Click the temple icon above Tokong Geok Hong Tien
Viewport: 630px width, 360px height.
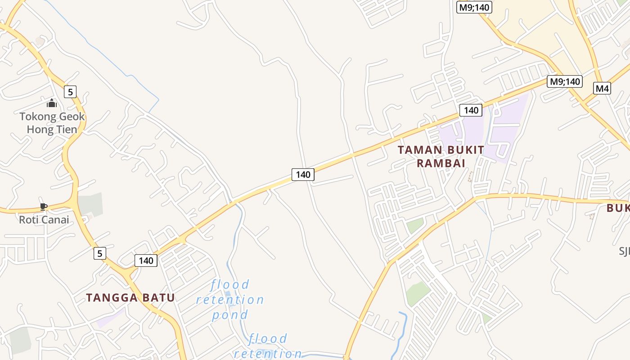coord(52,103)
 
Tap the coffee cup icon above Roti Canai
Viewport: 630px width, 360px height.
coord(43,207)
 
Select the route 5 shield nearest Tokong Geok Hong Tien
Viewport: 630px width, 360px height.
coord(70,92)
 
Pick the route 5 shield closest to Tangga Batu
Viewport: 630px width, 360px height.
coord(100,253)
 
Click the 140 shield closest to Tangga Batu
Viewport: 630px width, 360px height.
coord(146,260)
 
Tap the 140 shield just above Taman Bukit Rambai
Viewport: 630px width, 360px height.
coord(471,110)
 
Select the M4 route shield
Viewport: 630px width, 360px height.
coord(602,88)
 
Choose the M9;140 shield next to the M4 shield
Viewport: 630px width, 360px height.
coord(564,81)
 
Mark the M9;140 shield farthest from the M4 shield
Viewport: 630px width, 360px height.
coord(474,7)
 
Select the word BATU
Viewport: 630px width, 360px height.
coord(159,297)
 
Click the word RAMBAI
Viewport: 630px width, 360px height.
coord(441,163)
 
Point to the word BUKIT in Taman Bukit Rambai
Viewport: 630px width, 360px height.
coord(463,150)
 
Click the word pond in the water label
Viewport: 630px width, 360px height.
coord(230,315)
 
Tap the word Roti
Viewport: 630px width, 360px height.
coord(28,220)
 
